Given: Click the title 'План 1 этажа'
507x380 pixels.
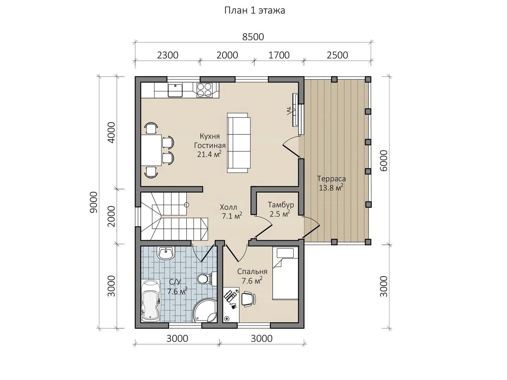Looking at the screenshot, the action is pos(254,11).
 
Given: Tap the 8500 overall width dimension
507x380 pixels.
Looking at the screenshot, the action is pos(253,37).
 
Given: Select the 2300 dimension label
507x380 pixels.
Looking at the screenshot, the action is pos(168,55).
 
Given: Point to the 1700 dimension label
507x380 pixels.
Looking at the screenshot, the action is pos(279,55).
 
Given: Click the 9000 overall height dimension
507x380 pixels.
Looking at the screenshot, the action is pos(94,202).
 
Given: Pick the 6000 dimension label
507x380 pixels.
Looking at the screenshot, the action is pos(383,160).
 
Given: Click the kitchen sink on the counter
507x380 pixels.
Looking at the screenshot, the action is pos(175,90).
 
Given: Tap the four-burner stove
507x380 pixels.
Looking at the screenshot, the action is pos(204,90).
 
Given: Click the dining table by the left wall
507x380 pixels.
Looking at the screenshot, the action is pos(151,150).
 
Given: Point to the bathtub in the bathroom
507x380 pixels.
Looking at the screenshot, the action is pos(151,300).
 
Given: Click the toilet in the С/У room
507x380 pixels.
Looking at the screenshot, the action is pos(206,279).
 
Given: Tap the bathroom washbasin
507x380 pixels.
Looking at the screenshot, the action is pos(165,253).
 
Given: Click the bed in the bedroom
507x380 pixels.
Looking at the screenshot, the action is pos(286,273).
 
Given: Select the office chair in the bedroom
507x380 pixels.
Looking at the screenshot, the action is pos(249,299).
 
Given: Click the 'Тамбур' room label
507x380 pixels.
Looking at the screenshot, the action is pos(281,205).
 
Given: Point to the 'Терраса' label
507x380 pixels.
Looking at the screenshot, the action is pos(331,179).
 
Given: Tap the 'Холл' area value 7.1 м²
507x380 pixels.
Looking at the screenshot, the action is pos(232,216).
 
